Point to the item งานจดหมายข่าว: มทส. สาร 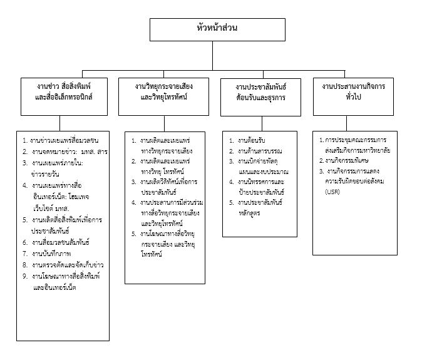point(65,152)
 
